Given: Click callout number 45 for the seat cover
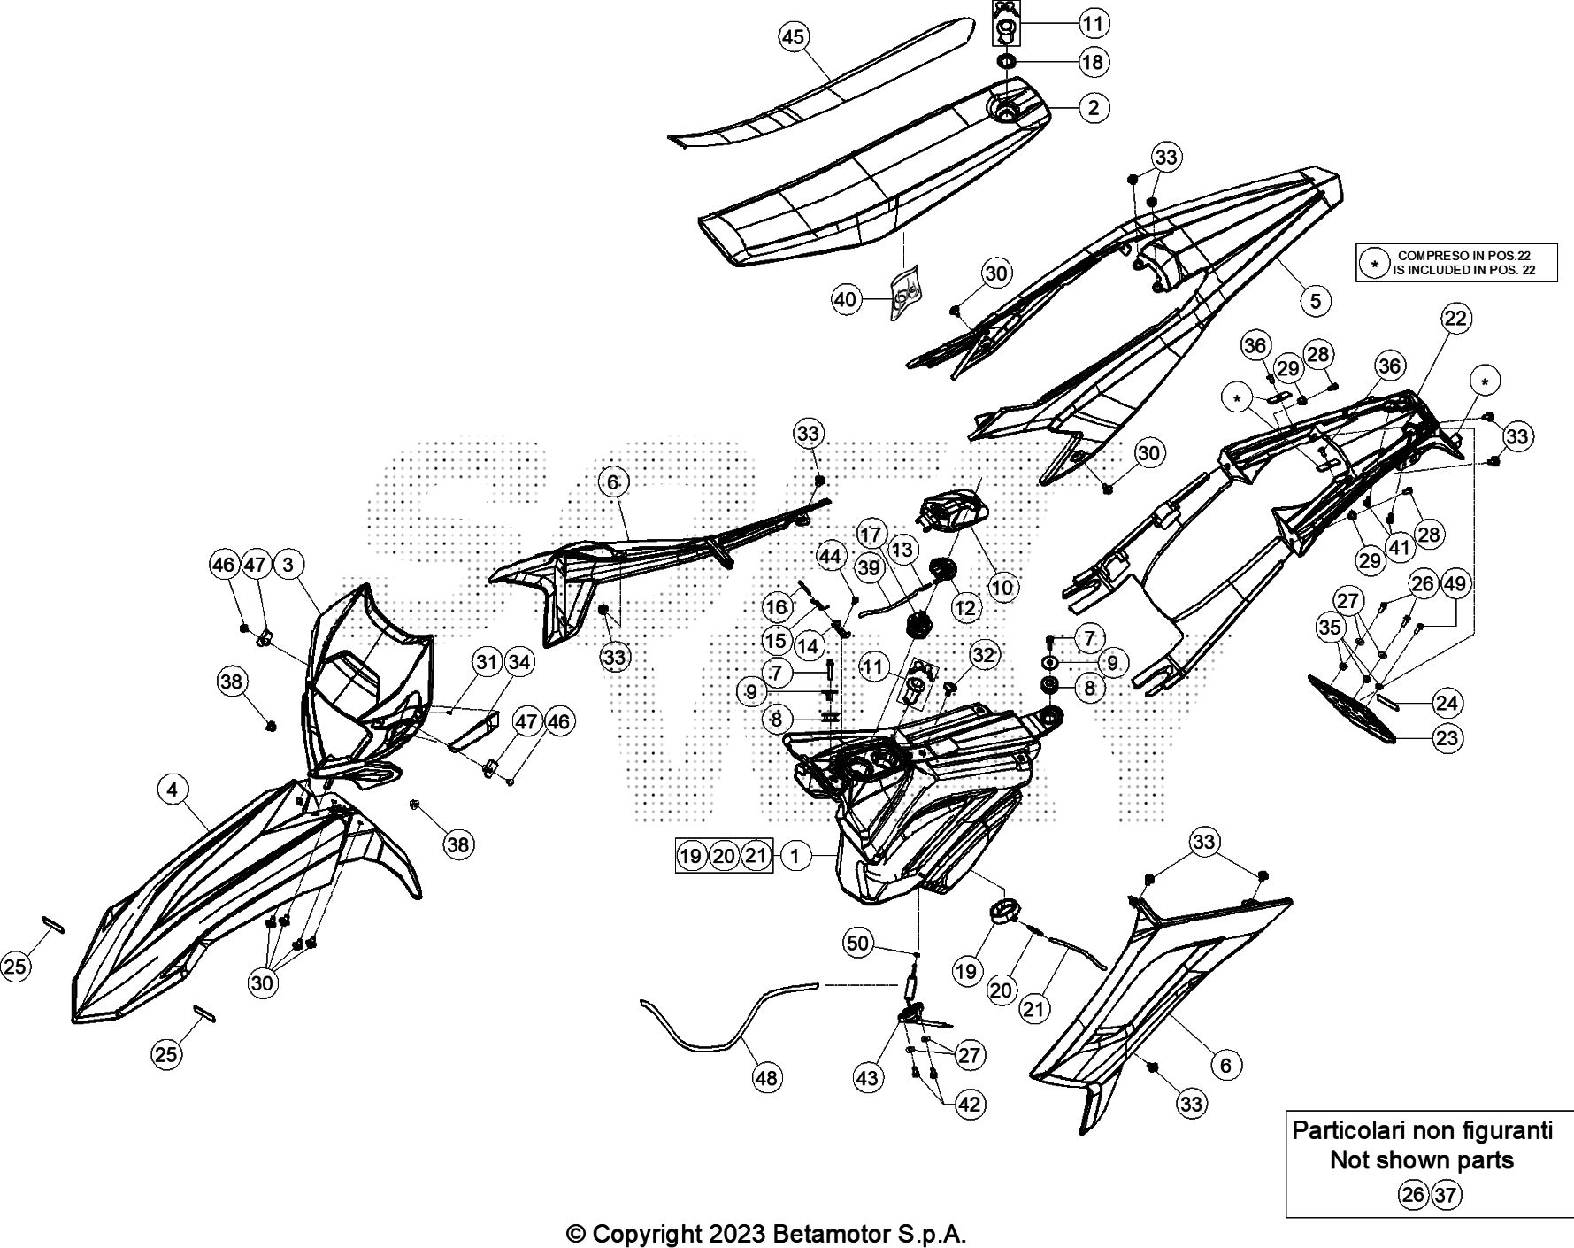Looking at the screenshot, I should coord(794,37).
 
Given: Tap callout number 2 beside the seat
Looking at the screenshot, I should coord(1094,108).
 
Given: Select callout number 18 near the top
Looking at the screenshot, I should coord(1094,62).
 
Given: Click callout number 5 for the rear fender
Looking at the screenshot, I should coord(1316,301).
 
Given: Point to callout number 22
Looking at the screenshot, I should coord(1455,319).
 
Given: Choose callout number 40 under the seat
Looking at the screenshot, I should coord(846,300).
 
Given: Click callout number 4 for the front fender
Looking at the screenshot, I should coord(173,789).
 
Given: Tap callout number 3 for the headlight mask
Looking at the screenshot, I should coord(288,564).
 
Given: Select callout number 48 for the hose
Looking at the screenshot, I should coord(766,1078).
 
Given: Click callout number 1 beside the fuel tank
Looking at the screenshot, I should coord(795,856).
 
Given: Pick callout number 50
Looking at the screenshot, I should coord(857,943).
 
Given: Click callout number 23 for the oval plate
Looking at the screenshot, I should coord(1447,738).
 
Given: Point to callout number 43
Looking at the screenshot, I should coord(867,1077).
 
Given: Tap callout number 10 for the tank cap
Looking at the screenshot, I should coord(1002,586).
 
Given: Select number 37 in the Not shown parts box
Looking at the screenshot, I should coord(1445,1196).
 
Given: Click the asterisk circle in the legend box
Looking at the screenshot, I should coord(1374,264).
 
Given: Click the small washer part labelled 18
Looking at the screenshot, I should coord(1006,62).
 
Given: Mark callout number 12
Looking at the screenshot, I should coord(965,608).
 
